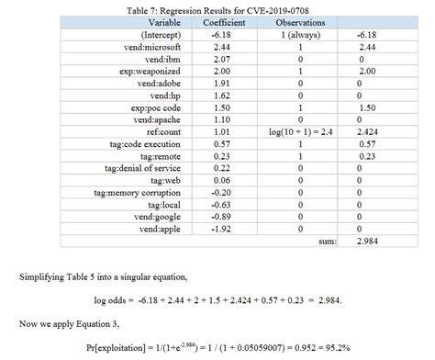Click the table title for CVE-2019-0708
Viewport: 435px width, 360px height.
217,9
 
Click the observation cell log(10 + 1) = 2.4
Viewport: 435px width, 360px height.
301,132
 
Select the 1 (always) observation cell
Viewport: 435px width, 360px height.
301,34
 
